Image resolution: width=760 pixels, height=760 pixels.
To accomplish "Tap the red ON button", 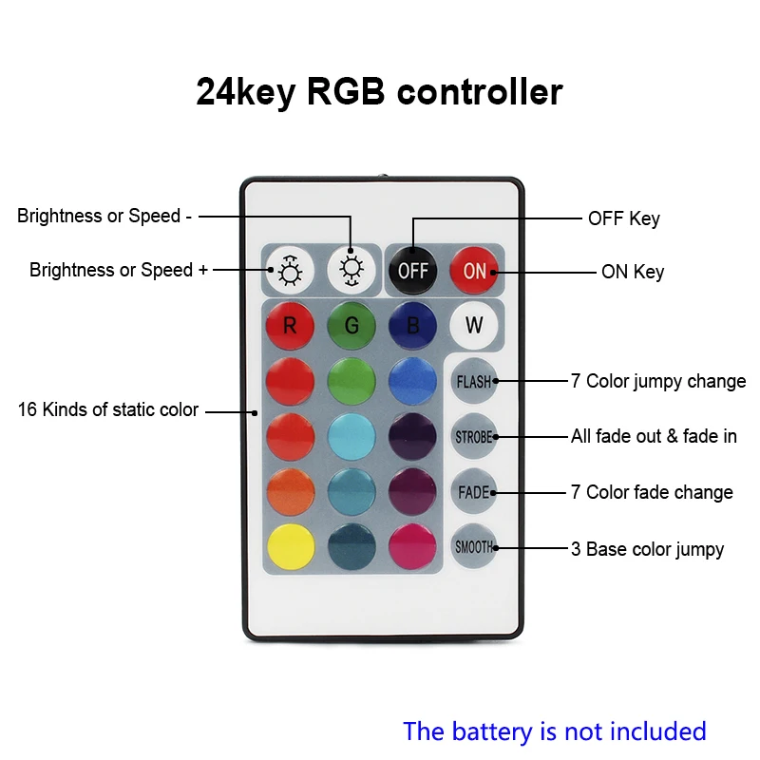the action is click(473, 271).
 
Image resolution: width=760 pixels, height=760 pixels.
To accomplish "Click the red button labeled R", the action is click(290, 326).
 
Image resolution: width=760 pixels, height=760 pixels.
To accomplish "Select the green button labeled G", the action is click(351, 326).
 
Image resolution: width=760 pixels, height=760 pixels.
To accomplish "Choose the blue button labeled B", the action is click(412, 326).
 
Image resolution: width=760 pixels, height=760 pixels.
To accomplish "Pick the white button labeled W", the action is click(473, 326).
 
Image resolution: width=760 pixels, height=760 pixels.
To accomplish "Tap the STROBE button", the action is click(473, 437).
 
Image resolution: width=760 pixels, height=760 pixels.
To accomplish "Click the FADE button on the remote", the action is click(473, 492).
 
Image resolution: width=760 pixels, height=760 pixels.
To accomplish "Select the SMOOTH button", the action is click(473, 547).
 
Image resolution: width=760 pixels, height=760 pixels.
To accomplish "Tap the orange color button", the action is click(290, 492).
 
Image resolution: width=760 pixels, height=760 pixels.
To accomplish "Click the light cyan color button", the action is click(351, 437).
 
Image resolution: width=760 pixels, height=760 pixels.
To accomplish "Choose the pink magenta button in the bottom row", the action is click(412, 547).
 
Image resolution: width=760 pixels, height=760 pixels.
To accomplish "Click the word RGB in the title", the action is click(346, 91).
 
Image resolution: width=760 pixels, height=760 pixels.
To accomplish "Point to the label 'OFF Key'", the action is click(624, 218).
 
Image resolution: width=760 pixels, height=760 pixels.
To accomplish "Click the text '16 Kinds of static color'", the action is click(108, 409).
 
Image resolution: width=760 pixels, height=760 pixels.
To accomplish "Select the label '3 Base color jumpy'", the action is click(647, 549).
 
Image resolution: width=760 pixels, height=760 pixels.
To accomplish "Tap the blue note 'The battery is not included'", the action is click(555, 731).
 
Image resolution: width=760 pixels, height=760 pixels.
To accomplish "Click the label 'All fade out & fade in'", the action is click(654, 436).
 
